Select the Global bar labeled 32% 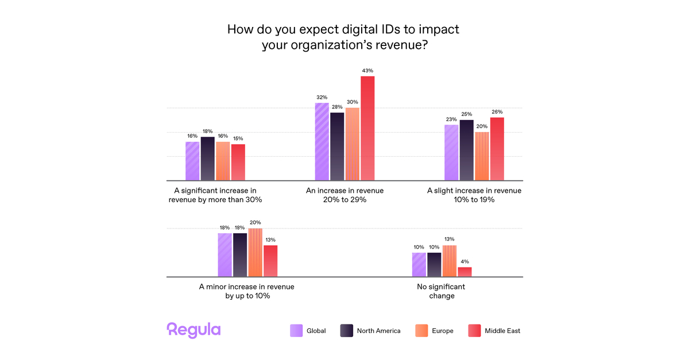[322, 142]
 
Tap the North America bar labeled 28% [337, 146]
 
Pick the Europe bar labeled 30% [352, 144]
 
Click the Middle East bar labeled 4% [465, 272]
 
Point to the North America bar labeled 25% [467, 150]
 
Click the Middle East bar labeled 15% [238, 162]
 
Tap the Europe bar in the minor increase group [255, 253]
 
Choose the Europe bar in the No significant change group [450, 261]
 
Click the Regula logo [193, 330]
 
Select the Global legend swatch [296, 331]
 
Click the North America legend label [378, 331]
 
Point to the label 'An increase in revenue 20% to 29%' [344, 195]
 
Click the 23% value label [451, 119]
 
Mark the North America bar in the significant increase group [207, 159]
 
